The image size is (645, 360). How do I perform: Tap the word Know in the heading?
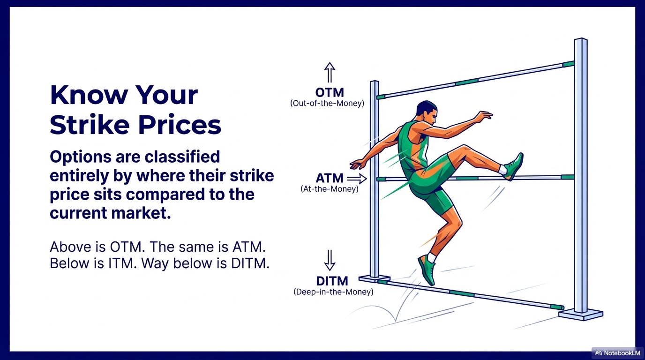(89, 95)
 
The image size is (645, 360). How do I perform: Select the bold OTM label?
(330, 93)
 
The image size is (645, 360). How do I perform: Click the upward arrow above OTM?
(330, 72)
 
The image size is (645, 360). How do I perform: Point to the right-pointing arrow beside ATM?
(357, 179)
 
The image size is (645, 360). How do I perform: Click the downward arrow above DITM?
(330, 260)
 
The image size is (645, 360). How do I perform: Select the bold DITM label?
(332, 281)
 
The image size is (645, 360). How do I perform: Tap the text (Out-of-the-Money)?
(327, 104)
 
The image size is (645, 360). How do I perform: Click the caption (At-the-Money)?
(330, 189)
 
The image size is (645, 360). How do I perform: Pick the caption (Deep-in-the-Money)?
(333, 292)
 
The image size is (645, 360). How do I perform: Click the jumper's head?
(427, 112)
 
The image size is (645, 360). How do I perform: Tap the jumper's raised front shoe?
(514, 167)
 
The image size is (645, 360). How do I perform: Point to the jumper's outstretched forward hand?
(484, 116)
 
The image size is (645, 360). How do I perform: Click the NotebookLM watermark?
(618, 353)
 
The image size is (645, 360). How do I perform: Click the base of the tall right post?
(581, 314)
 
